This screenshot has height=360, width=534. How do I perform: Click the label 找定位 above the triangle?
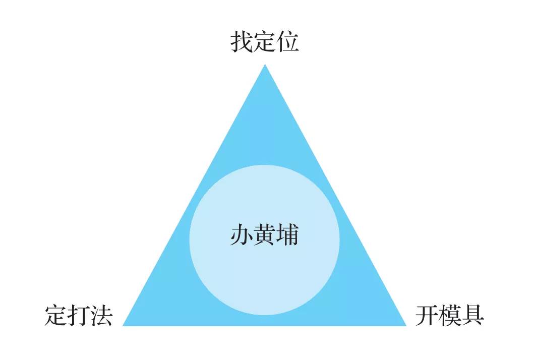(x=265, y=41)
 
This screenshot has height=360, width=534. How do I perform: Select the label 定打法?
(x=78, y=315)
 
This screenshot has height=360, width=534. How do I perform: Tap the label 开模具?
(x=450, y=315)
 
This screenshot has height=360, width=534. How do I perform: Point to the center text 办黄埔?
(x=265, y=234)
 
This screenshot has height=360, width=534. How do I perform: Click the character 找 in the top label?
(x=242, y=41)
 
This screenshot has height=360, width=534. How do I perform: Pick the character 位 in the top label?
(x=288, y=41)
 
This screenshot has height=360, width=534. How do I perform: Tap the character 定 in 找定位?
(x=265, y=41)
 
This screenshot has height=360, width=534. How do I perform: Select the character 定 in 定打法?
(x=55, y=315)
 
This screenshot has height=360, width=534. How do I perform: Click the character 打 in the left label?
(x=79, y=315)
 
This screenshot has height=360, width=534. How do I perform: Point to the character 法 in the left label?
(x=101, y=315)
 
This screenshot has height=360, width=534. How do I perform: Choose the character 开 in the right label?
(x=427, y=315)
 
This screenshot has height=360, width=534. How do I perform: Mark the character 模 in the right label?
(x=450, y=315)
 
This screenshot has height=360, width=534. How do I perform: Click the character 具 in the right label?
(x=472, y=315)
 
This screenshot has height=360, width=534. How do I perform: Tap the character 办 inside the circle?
(x=242, y=234)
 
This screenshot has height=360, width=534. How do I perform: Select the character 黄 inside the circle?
(x=265, y=234)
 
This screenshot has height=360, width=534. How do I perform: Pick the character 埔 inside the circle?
(x=288, y=234)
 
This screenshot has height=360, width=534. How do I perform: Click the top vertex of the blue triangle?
(x=265, y=65)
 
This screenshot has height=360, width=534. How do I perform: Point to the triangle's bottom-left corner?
(x=123, y=326)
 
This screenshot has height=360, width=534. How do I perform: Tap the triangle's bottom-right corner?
(x=406, y=326)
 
